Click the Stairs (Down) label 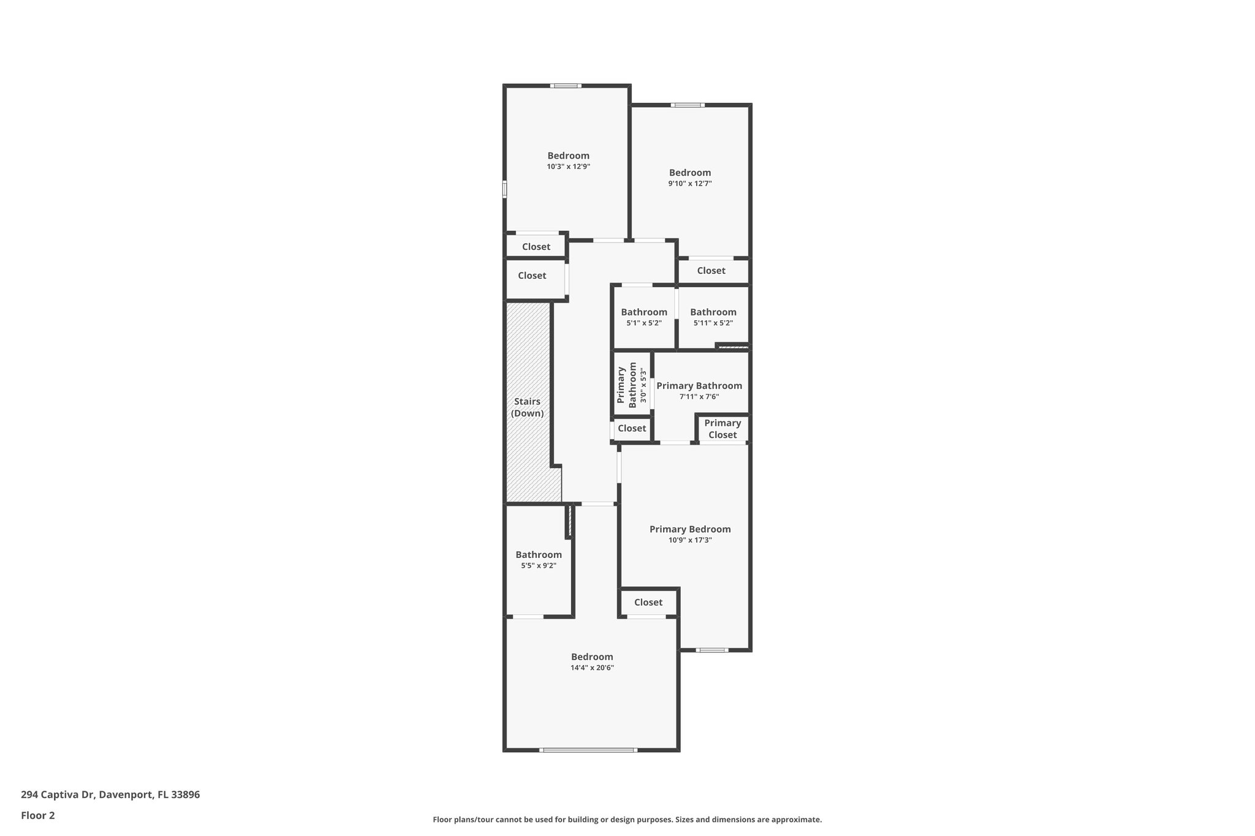[x=527, y=407]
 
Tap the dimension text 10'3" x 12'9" [x=568, y=167]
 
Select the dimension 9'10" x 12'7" [x=689, y=184]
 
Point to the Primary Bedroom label [x=690, y=529]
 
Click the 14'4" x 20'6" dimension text [x=592, y=668]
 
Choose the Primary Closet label [x=722, y=429]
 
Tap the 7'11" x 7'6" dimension [x=699, y=397]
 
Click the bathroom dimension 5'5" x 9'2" [x=538, y=566]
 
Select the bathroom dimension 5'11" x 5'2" [x=713, y=323]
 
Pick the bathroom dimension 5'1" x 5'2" [x=643, y=323]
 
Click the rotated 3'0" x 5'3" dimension [x=643, y=385]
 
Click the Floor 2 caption [x=38, y=815]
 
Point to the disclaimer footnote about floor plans [x=627, y=819]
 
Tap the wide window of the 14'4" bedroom [x=588, y=750]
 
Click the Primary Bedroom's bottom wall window [x=712, y=650]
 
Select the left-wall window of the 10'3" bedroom [x=505, y=189]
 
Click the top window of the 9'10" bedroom [x=687, y=105]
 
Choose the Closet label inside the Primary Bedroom [x=648, y=602]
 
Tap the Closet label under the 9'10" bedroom [x=711, y=270]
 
